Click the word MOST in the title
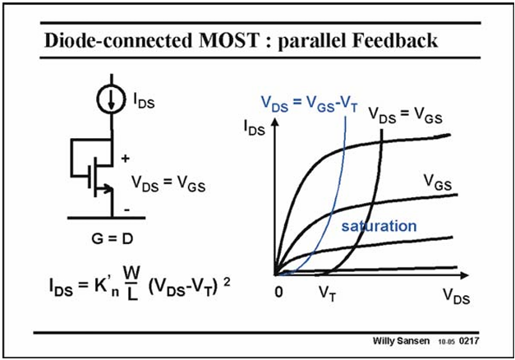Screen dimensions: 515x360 pos(229,40)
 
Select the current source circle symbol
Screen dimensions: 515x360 pos(111,99)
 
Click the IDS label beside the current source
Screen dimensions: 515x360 pos(144,100)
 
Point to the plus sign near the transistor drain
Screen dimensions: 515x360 pos(125,159)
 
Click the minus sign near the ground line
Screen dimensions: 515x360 pos(126,210)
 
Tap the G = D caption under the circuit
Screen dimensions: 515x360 pos(113,238)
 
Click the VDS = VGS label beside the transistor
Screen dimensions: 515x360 pos(168,183)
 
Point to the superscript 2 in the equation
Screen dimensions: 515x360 pos(227,283)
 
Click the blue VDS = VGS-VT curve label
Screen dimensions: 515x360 pos(309,104)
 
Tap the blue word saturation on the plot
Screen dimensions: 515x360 pos(379,226)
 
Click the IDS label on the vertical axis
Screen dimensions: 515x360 pos(255,128)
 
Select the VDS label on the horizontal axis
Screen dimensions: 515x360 pos(456,296)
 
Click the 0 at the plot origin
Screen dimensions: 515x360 pos(278,292)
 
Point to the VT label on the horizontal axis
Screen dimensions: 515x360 pos(328,293)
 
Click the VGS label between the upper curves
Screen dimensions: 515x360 pos(438,182)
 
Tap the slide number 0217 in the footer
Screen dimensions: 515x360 pos(469,340)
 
